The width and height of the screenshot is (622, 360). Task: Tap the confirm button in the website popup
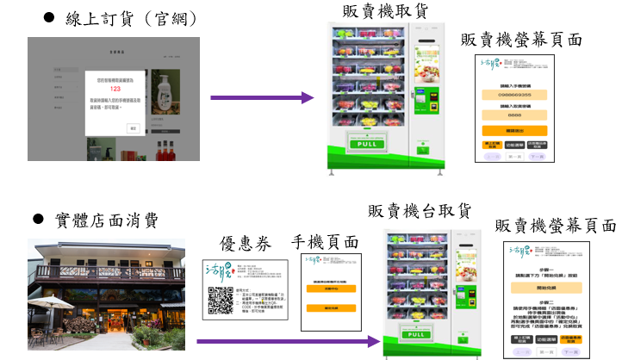(x=133, y=127)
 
